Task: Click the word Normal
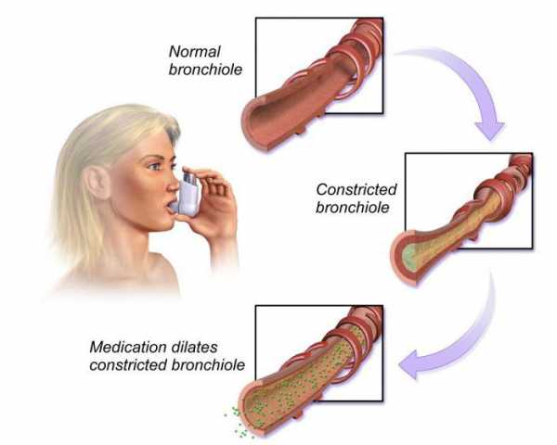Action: point(194,52)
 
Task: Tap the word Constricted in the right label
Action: point(356,189)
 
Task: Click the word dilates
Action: point(194,347)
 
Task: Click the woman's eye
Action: point(154,166)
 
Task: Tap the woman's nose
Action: point(173,184)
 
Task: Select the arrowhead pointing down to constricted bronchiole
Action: point(489,130)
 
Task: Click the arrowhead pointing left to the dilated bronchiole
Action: point(408,364)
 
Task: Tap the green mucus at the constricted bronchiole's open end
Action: point(409,255)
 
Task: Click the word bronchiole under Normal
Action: point(205,70)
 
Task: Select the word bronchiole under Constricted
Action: point(353,208)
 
